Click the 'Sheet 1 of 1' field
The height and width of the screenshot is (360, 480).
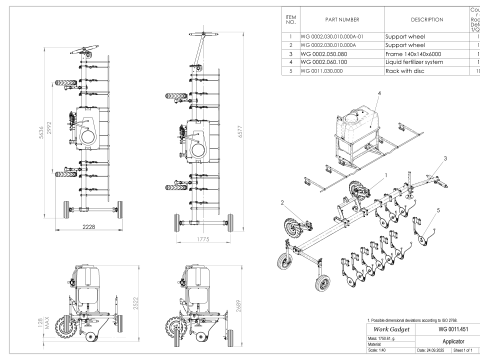click(461, 352)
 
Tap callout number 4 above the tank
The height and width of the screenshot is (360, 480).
click(379, 92)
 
